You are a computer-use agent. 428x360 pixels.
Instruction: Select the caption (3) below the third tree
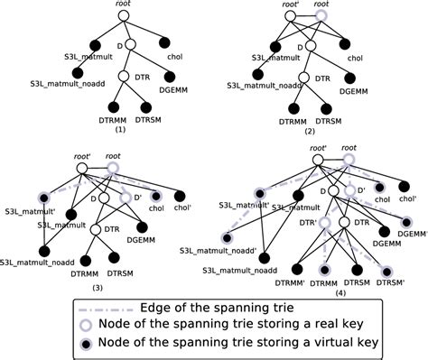point(99,286)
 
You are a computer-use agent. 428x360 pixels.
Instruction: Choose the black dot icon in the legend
point(103,344)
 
